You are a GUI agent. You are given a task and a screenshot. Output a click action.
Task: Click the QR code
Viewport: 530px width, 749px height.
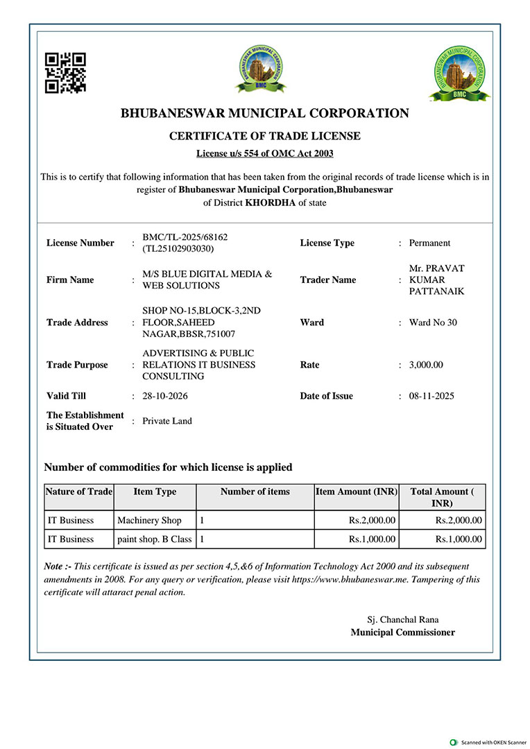[65, 72]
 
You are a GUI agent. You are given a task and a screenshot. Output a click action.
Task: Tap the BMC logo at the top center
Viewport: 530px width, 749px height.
[260, 68]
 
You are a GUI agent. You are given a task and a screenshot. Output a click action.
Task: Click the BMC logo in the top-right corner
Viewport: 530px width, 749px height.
[459, 74]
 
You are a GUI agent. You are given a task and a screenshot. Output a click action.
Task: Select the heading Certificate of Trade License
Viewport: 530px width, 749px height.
[265, 136]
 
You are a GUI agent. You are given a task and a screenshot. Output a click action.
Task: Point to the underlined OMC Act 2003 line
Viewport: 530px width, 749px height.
[265, 153]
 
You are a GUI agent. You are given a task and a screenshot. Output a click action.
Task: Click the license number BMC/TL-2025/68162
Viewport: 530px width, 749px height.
[185, 237]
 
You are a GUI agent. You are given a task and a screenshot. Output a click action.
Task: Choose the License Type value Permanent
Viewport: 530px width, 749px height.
[429, 243]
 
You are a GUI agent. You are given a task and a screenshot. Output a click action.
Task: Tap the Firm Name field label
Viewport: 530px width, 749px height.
[70, 280]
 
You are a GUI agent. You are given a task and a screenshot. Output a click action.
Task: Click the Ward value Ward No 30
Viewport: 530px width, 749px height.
[433, 322]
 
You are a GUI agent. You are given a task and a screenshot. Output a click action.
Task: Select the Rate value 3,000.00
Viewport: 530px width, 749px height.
[426, 365]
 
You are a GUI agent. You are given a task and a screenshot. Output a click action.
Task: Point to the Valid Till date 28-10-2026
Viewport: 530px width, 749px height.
[165, 396]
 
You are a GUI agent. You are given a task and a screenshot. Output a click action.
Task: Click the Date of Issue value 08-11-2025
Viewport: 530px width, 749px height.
[432, 396]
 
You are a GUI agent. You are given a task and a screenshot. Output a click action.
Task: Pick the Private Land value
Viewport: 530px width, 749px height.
[167, 421]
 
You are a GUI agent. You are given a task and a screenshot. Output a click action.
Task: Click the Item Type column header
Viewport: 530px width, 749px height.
[155, 492]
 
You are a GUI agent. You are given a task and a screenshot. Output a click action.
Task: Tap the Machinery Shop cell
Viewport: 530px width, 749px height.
[150, 520]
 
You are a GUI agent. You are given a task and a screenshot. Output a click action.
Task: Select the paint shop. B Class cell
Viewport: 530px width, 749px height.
[155, 539]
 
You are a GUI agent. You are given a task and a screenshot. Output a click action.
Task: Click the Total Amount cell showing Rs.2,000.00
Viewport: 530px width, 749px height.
[459, 520]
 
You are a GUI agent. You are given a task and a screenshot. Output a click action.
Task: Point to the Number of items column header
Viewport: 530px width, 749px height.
[255, 492]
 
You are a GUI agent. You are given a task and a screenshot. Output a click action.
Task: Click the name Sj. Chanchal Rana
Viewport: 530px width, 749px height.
[403, 619]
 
